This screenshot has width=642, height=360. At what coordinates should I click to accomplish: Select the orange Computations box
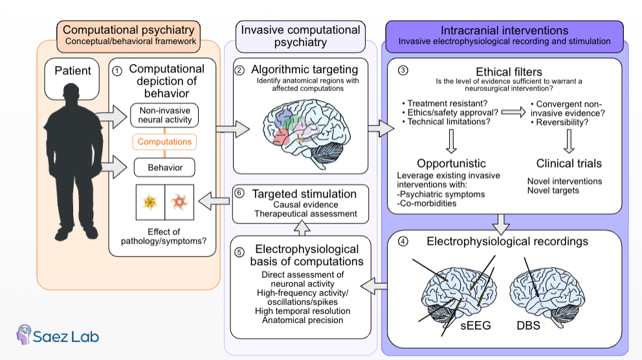pyautogui.click(x=164, y=142)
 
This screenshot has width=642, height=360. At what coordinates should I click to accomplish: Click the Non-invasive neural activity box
pyautogui.click(x=164, y=115)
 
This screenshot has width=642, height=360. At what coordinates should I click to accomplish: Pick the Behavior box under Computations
pyautogui.click(x=164, y=168)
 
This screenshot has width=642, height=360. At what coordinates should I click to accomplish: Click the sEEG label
pyautogui.click(x=475, y=325)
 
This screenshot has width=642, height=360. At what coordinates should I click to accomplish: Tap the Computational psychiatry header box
pyautogui.click(x=128, y=36)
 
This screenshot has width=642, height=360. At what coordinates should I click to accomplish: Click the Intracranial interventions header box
pyautogui.click(x=504, y=36)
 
